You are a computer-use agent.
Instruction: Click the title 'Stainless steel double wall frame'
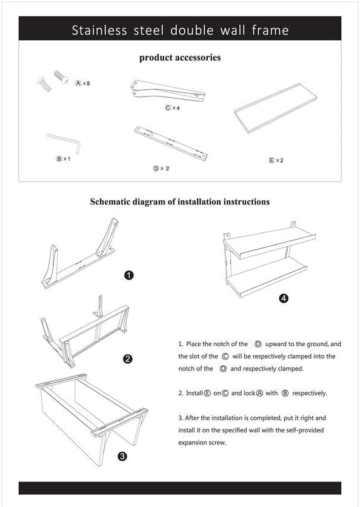pos(180,30)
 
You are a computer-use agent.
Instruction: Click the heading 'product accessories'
pos(180,58)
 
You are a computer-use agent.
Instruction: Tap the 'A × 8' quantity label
pos(82,83)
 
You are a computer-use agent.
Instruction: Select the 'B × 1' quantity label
pos(63,159)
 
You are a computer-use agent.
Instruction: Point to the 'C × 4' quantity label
pos(173,108)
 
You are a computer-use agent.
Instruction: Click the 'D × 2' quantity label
pos(161,168)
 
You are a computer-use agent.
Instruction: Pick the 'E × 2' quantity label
pos(276,160)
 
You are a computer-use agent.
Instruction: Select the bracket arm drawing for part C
pos(167,90)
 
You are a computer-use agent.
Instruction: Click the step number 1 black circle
pos(128,275)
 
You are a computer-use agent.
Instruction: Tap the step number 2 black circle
pos(128,358)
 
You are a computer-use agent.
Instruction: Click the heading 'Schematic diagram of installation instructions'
pos(180,201)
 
